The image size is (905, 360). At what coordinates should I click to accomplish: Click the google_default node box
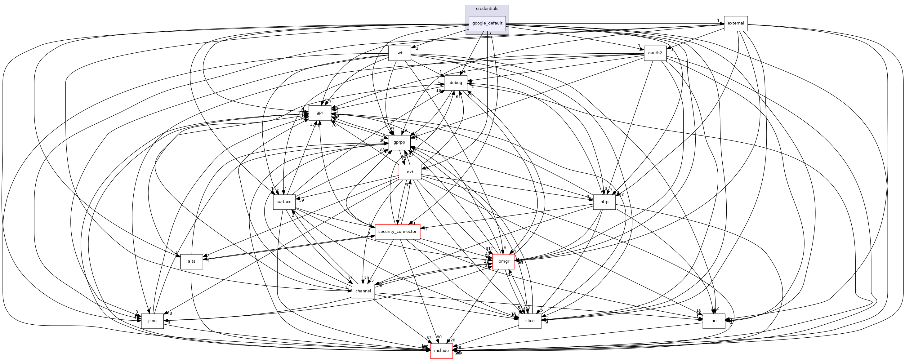pos(487,23)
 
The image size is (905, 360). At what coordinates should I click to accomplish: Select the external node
pos(735,23)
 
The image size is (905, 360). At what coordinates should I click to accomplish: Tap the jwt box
pos(399,53)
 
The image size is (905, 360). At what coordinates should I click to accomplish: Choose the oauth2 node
pos(655,53)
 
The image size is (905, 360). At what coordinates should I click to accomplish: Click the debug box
pos(456,83)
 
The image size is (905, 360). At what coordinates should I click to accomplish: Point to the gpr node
pos(320,112)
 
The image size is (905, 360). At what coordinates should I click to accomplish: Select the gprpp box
pos(399,142)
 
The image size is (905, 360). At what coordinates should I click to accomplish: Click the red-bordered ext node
pos(410,172)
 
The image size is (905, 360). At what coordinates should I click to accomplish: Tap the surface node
pos(284,202)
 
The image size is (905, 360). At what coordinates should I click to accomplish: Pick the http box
pos(604,202)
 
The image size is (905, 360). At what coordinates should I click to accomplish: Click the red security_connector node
pos(397,231)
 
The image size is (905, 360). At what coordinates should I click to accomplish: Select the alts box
pos(191,261)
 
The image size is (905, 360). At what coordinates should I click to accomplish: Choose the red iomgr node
pos(503,261)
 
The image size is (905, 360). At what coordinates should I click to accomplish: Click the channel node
pos(363,291)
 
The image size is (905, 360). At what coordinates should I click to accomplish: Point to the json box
pos(152,321)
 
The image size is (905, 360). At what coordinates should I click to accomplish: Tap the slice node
pos(530,321)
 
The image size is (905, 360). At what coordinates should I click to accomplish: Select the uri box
pos(714,321)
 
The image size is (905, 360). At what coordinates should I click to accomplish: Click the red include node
pos(441,350)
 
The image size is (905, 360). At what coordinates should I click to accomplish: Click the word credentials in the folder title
pos(487,8)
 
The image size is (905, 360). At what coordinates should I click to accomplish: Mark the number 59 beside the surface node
pos(301,200)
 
